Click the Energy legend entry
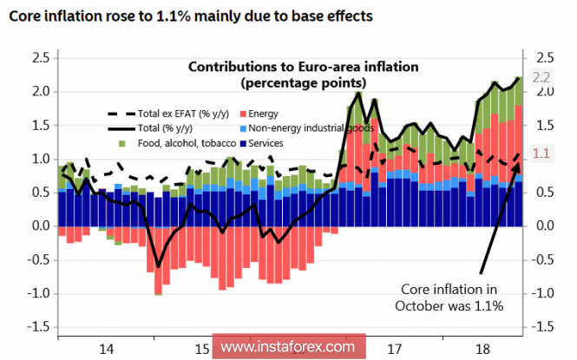[262, 114]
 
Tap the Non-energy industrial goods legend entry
[308, 128]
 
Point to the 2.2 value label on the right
[541, 78]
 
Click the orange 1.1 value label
[541, 154]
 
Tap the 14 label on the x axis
[106, 349]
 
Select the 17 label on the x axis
[396, 349]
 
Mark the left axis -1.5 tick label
[38, 327]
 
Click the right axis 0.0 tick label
[544, 226]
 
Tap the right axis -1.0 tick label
[544, 293]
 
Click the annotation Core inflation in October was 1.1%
[449, 297]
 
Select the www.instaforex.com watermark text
[289, 347]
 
